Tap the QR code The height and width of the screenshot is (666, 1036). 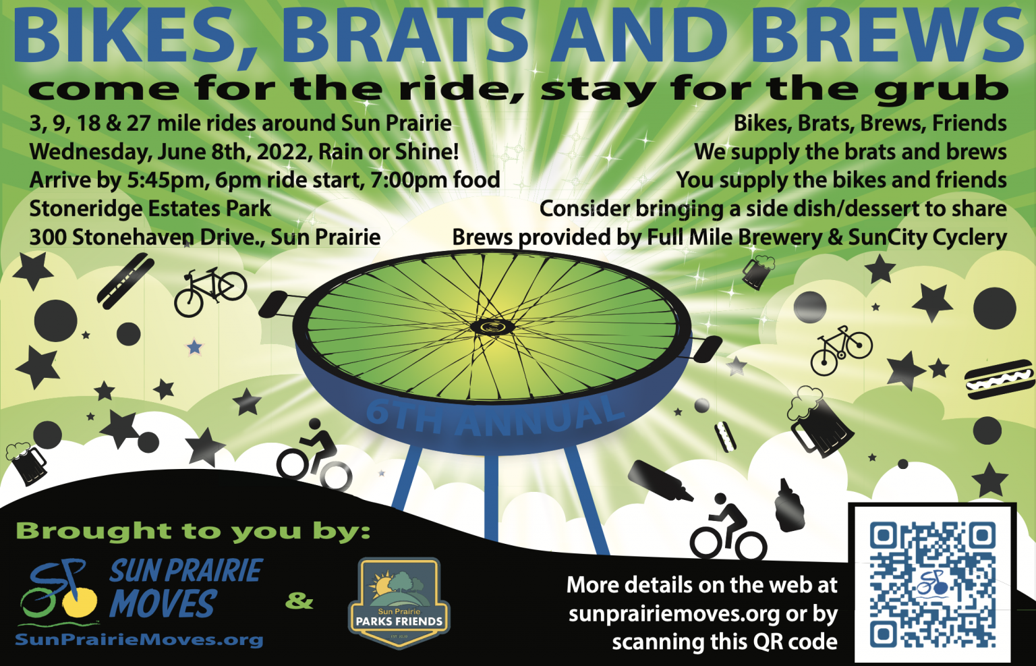(933, 584)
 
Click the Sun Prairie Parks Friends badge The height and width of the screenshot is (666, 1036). (399, 603)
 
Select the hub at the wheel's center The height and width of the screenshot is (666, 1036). (492, 328)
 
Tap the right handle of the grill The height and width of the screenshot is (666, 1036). (708, 347)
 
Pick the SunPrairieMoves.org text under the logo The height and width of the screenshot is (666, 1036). (139, 640)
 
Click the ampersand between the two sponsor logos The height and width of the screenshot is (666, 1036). (299, 600)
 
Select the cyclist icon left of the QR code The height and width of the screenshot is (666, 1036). (728, 528)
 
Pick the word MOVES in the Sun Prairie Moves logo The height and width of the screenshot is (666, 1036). (163, 603)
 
